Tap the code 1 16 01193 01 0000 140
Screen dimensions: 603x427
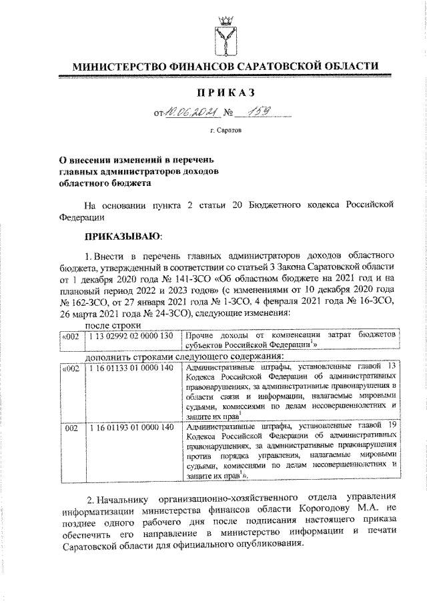129,426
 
